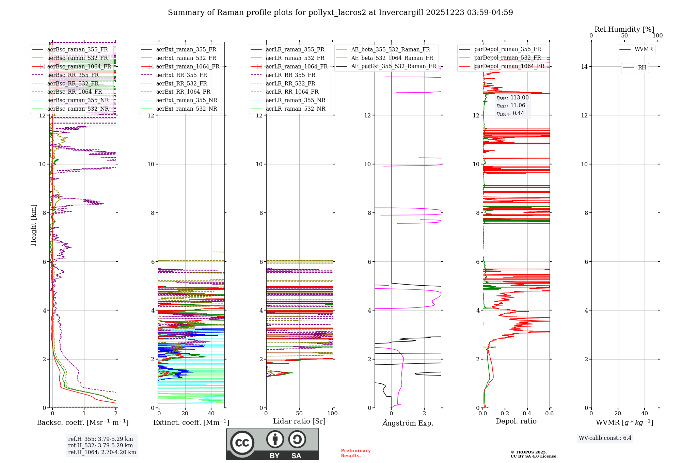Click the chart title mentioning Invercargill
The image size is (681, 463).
pos(340,13)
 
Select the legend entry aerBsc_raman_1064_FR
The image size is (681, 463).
pos(79,66)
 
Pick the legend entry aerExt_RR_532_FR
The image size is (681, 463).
pos(181,83)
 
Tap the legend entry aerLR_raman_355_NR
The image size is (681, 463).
pos(295,100)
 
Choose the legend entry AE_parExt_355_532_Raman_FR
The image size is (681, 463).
pos(393,66)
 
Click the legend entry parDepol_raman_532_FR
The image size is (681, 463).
pos(507,58)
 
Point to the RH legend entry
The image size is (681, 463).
pos(642,68)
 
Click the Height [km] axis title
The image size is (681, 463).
pos(33,225)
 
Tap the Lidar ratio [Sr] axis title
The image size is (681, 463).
pos(299,421)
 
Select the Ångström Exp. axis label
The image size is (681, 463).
pos(408,423)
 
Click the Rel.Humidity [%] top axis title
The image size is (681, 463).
pos(624,29)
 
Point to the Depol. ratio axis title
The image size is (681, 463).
pos(516,421)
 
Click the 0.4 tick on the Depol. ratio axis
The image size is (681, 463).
pos(527,413)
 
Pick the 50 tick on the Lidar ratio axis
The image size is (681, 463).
pos(299,413)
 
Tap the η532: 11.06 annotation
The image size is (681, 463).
pos(511,106)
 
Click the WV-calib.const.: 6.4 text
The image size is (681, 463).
pos(605,438)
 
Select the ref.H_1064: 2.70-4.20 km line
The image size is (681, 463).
pos(102,452)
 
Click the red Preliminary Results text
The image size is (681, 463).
pos(355,453)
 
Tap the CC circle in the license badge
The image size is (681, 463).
pos(242,443)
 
